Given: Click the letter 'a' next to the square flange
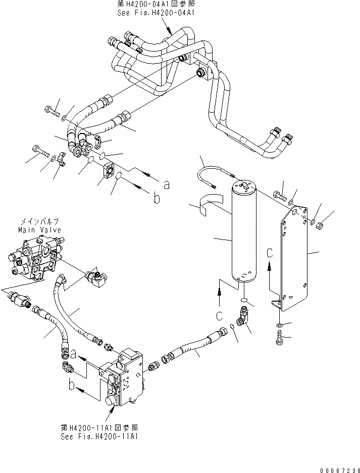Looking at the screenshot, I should click(166, 185).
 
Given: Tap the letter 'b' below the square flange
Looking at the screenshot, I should click(157, 199).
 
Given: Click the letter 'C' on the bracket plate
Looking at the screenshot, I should click(270, 252).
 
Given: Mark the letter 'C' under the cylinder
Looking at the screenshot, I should click(220, 316).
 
